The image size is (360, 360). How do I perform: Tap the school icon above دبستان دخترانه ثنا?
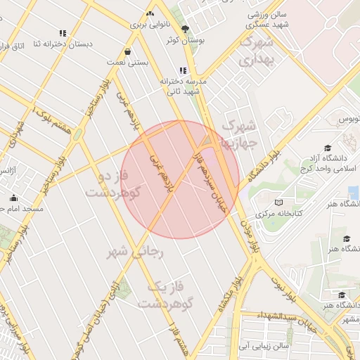pos(63,32)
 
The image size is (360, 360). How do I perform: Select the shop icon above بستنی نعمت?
pos(127,51)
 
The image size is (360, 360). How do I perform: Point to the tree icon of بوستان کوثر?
pos(185,30)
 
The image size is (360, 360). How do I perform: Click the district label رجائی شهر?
pos(136,251)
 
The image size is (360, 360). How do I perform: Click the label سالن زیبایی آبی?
pos(262,346)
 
